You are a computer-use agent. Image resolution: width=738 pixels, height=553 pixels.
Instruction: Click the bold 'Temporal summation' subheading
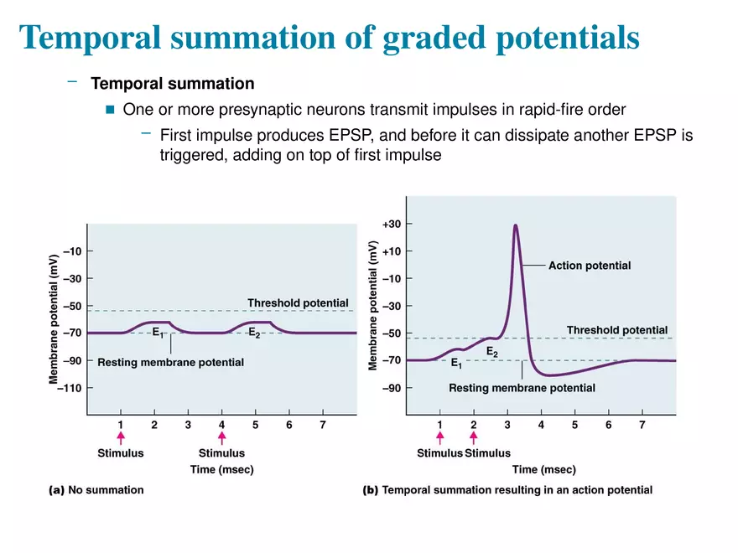point(172,84)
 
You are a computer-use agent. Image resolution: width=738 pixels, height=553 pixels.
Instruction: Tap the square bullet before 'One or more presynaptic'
point(109,110)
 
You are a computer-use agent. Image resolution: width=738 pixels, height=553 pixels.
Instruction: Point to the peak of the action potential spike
point(515,225)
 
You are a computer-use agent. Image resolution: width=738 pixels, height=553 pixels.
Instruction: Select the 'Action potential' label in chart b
point(589,266)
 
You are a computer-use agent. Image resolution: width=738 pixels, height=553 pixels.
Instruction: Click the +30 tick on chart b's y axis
point(392,224)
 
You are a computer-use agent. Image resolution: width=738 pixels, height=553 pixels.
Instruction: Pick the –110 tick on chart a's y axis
point(70,388)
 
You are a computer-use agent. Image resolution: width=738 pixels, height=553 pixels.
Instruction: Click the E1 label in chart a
point(158,333)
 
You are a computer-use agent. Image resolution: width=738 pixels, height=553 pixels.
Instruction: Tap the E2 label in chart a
point(254,333)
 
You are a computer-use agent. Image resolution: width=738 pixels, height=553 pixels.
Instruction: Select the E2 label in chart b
point(491,353)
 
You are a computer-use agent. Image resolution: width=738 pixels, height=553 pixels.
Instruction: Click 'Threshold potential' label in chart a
point(297,302)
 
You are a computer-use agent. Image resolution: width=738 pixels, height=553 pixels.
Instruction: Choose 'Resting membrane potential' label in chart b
point(522,388)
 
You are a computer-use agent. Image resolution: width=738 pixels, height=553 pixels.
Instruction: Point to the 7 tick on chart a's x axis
point(323,425)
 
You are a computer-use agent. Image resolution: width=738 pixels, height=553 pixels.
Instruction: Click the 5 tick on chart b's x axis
point(574,425)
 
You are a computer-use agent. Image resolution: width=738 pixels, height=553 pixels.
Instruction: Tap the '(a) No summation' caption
point(96,490)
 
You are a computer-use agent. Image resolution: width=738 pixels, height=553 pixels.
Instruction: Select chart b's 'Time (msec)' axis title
point(543,469)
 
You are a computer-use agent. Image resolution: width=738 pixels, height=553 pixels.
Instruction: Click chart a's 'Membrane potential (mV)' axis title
point(53,316)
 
